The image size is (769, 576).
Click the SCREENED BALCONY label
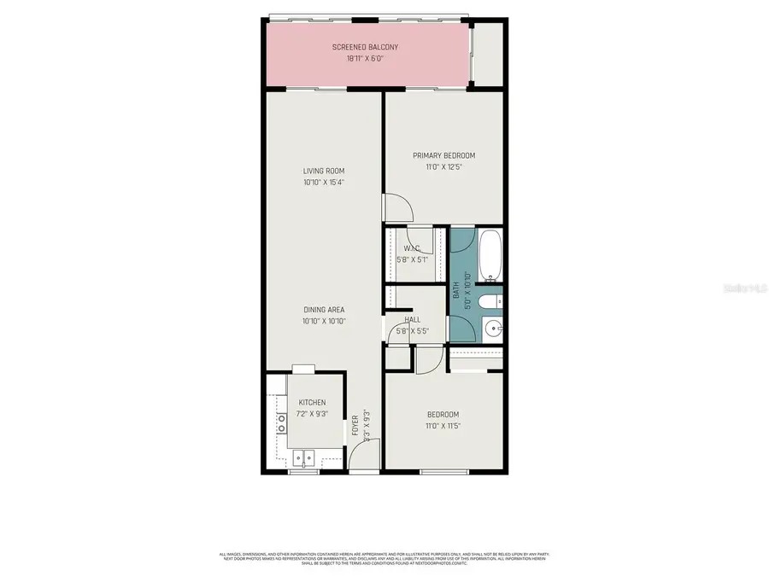(x=366, y=47)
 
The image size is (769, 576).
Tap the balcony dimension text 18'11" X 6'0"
(x=366, y=59)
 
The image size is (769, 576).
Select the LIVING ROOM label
(x=324, y=171)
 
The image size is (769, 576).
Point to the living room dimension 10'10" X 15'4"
(x=324, y=183)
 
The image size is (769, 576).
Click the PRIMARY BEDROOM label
(x=443, y=155)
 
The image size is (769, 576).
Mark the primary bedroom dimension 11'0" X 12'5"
(x=443, y=167)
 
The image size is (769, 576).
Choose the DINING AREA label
(x=324, y=310)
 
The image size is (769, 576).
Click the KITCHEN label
(x=311, y=403)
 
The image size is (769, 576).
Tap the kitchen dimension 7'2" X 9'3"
(x=311, y=414)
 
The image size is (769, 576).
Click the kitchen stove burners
(x=280, y=424)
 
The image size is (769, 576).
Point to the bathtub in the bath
(x=490, y=255)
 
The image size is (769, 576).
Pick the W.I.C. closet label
(x=411, y=249)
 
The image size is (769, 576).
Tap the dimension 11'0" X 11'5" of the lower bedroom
(x=443, y=427)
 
